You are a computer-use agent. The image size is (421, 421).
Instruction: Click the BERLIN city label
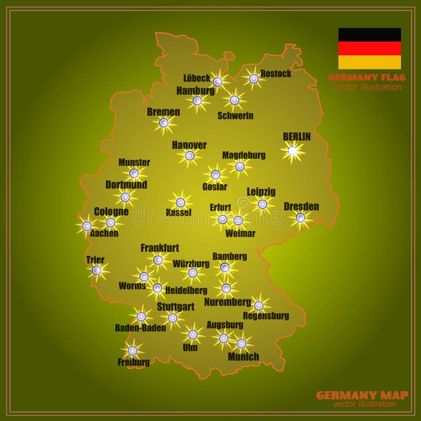tap(297, 137)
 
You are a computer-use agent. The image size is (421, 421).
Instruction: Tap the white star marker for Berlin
tap(293, 151)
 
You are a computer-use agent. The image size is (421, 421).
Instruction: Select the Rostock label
tap(276, 74)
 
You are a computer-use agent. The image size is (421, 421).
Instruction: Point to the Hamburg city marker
tap(197, 101)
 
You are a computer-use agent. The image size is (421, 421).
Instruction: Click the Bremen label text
tap(164, 112)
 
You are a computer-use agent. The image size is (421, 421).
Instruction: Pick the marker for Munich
tap(242, 343)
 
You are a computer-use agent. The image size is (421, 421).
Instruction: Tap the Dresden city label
tap(302, 206)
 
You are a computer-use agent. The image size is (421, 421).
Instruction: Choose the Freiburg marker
tap(133, 350)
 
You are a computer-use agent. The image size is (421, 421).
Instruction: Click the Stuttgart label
tap(176, 306)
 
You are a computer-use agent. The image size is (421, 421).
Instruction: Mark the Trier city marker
tap(96, 270)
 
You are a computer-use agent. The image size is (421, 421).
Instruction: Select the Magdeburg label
tap(244, 155)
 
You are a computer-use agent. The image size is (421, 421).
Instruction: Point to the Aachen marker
tap(87, 226)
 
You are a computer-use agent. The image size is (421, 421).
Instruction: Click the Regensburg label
tap(266, 316)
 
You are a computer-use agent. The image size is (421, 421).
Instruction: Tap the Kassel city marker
tap(181, 202)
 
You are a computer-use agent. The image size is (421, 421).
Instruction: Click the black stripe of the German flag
tap(369, 35)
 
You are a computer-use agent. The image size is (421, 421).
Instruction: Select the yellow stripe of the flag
tap(369, 63)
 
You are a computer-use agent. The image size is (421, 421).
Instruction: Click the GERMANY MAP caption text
tap(362, 395)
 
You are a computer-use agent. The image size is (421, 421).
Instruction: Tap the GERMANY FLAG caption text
tap(367, 77)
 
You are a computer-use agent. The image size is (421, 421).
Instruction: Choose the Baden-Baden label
tap(141, 328)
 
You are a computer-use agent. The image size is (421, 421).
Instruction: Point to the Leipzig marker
tap(263, 204)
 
